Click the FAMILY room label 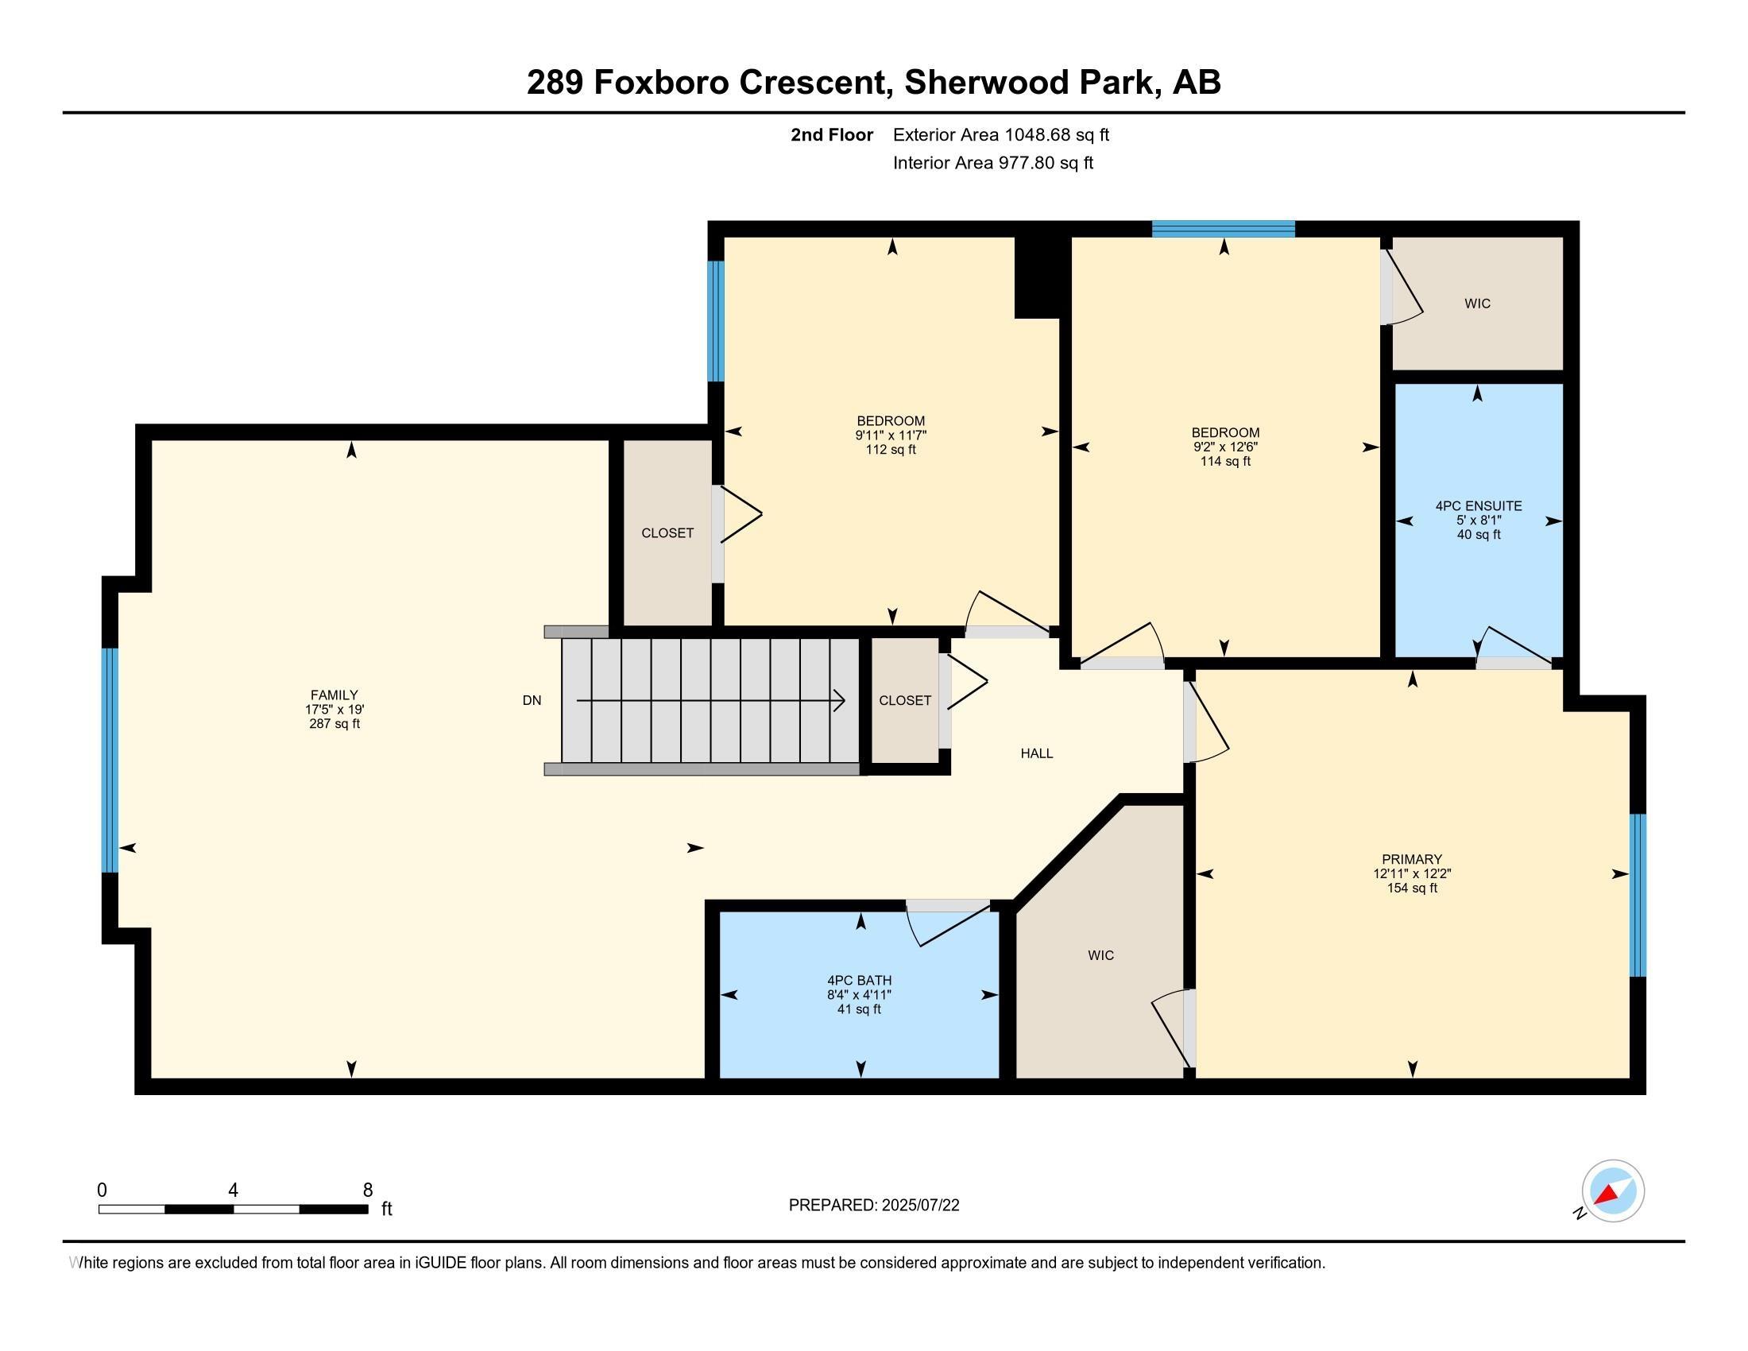click(x=334, y=695)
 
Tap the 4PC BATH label click(x=860, y=981)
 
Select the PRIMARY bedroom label click(x=1412, y=860)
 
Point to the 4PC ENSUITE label click(x=1479, y=505)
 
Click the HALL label click(x=1036, y=753)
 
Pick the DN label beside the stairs click(x=532, y=700)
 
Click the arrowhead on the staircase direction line click(x=840, y=700)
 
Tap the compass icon click(x=1613, y=1191)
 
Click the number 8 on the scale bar click(x=368, y=1190)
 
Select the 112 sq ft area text click(x=891, y=450)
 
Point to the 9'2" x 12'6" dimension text click(x=1224, y=447)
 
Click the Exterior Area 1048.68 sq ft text click(x=1000, y=135)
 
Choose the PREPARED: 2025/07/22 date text click(x=874, y=1206)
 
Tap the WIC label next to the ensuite click(x=1478, y=304)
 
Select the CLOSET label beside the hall click(x=905, y=700)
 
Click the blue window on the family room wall click(x=110, y=760)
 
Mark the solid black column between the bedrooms click(x=1038, y=277)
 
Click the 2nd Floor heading click(x=832, y=135)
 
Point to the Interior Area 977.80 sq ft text click(x=992, y=163)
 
